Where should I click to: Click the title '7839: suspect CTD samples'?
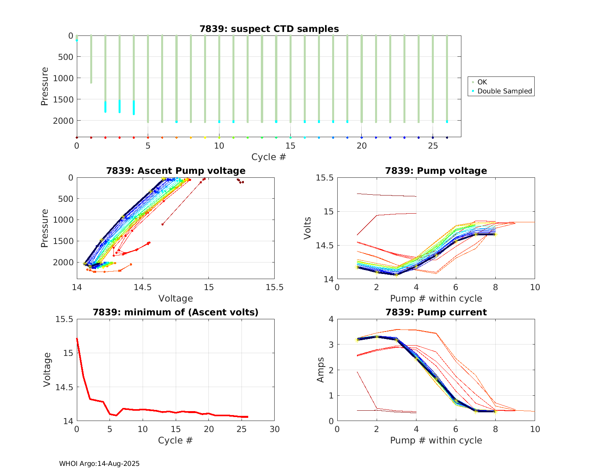pyautogui.click(x=269, y=29)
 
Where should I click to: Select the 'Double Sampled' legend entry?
pyautogui.click(x=505, y=91)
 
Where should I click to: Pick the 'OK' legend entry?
pyautogui.click(x=482, y=82)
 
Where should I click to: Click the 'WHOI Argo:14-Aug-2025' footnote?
pyautogui.click(x=99, y=464)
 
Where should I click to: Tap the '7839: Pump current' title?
pyautogui.click(x=436, y=312)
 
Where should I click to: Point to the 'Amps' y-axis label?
pyautogui.click(x=321, y=370)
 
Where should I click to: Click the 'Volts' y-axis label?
pyautogui.click(x=308, y=228)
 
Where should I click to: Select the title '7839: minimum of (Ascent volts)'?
pyautogui.click(x=175, y=312)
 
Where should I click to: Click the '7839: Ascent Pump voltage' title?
pyautogui.click(x=175, y=171)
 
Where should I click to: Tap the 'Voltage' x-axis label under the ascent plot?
pyautogui.click(x=175, y=298)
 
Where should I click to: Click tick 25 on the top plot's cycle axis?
pyautogui.click(x=433, y=145)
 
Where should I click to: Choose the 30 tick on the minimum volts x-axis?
pyautogui.click(x=274, y=429)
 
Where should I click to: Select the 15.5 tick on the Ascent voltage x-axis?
pyautogui.click(x=274, y=287)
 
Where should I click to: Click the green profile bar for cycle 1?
pyautogui.click(x=91, y=59)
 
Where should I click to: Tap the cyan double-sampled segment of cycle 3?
pyautogui.click(x=119, y=106)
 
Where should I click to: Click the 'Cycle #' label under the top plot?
pyautogui.click(x=269, y=157)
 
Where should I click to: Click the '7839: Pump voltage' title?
pyautogui.click(x=436, y=171)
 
